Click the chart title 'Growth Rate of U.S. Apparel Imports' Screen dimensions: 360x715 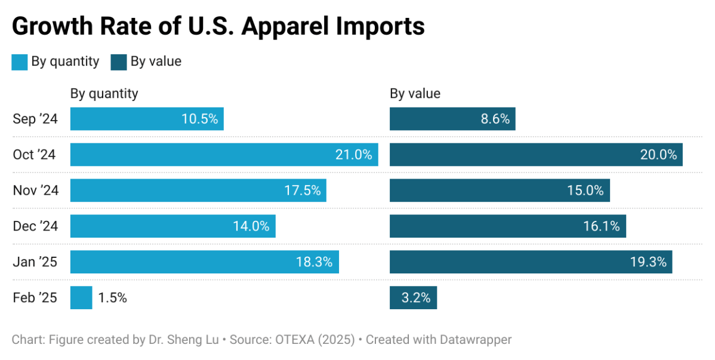pos(218,27)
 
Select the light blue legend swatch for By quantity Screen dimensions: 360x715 pos(20,62)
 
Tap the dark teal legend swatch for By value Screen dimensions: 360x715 pos(119,62)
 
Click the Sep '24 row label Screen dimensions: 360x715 pos(35,119)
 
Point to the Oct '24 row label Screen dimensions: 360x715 pos(34,155)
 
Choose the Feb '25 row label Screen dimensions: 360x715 pos(35,297)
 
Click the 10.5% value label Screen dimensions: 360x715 pos(199,119)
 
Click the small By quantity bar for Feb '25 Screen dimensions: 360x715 pos(81,297)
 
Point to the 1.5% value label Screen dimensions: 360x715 pos(113,297)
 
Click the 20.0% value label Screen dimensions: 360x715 pos(658,155)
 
